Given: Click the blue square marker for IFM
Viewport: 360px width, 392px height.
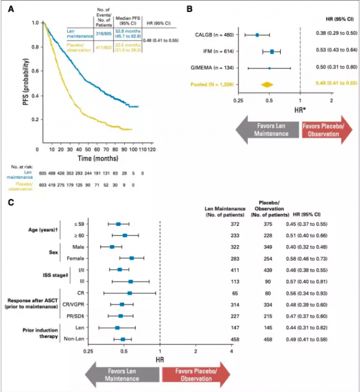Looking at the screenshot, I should click(x=272, y=52).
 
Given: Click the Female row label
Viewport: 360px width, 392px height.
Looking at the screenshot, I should click(x=74, y=258).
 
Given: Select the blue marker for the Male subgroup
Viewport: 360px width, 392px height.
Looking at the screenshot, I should click(x=112, y=246).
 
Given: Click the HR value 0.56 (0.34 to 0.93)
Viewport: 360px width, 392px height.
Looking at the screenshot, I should click(x=316, y=293).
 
